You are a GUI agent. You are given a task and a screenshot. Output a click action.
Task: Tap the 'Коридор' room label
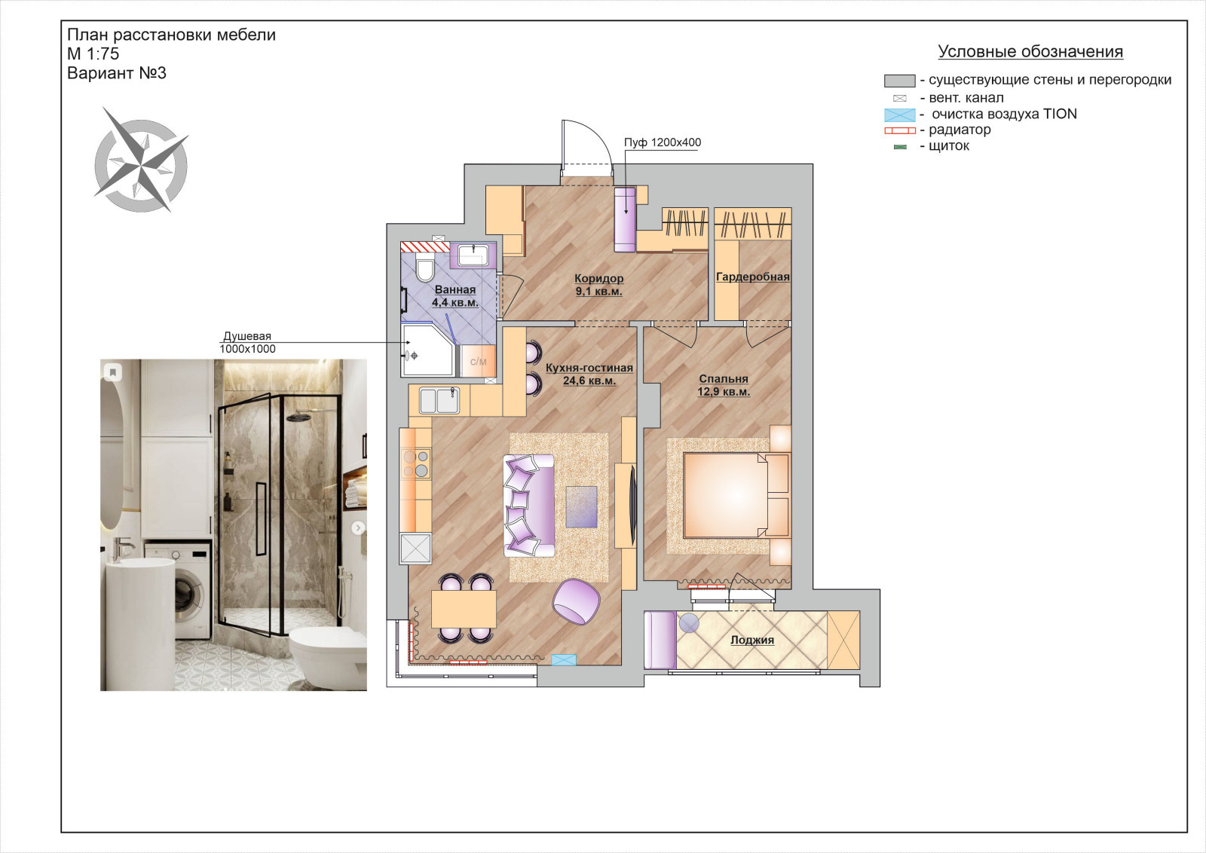(598, 278)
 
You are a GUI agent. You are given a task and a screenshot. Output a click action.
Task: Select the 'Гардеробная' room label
(753, 277)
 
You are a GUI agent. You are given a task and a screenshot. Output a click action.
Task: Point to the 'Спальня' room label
(724, 378)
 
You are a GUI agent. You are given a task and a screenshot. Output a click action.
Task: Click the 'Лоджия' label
(752, 640)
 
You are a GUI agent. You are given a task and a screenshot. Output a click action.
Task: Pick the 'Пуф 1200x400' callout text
(663, 142)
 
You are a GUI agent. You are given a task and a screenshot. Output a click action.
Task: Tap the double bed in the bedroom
(736, 495)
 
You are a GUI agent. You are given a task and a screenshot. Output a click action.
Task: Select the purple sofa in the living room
(528, 506)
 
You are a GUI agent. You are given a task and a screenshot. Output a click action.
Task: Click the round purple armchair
(576, 601)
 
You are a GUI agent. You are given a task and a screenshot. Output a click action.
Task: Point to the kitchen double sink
(439, 400)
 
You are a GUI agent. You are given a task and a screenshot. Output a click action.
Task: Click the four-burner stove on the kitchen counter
(415, 464)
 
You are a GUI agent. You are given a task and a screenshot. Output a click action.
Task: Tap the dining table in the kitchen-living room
(464, 609)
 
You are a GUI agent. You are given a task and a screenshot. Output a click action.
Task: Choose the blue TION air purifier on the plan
(564, 659)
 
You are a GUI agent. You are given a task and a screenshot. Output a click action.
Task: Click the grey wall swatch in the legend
(899, 81)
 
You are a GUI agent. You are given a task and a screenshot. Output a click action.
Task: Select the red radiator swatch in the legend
(900, 130)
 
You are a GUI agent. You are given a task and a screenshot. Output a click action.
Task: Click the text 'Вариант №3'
(117, 73)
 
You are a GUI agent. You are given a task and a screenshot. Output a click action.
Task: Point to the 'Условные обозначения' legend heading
(1030, 52)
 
